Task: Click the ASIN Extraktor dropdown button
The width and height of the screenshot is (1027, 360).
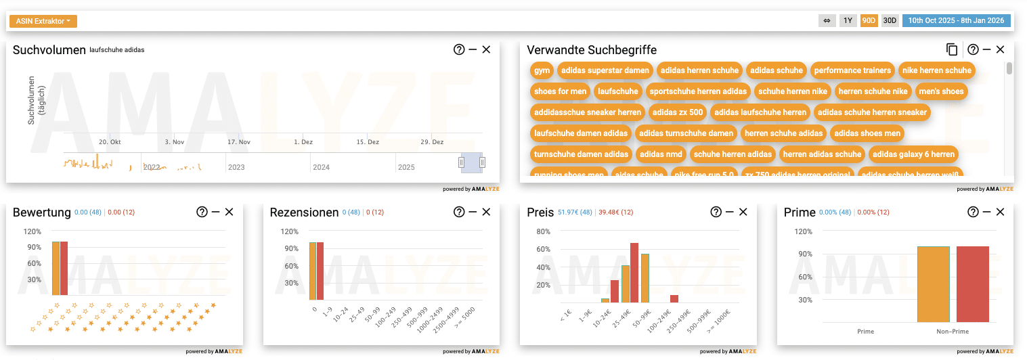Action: (43, 21)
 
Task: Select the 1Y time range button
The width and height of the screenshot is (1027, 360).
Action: (848, 20)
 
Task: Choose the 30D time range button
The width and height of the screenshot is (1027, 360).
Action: (890, 20)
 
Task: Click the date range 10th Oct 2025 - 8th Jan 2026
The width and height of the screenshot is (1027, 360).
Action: (956, 20)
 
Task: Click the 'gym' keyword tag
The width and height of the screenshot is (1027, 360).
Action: (542, 70)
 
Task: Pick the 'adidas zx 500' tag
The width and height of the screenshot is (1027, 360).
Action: (676, 112)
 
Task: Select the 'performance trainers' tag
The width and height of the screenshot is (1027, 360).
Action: (852, 70)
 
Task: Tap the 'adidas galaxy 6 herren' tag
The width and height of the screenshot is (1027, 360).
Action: (913, 154)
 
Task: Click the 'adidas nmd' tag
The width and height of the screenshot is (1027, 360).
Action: (661, 154)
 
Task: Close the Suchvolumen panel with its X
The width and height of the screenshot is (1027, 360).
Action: (486, 49)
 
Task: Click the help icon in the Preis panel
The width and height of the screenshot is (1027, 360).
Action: (716, 212)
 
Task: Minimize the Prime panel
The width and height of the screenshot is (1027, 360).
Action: (987, 212)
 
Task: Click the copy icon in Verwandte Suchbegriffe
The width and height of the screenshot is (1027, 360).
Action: (952, 49)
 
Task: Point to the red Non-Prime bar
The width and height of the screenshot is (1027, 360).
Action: (973, 284)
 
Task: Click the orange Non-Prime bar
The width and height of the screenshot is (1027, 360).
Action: (934, 284)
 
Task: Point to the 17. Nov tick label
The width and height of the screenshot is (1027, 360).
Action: (239, 142)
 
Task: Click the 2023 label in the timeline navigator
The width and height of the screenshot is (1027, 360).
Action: (236, 167)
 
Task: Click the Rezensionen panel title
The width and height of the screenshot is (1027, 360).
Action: (304, 212)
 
